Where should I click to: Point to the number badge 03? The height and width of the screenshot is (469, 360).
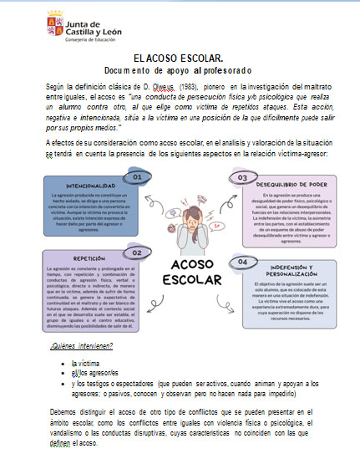pyautogui.click(x=242, y=178)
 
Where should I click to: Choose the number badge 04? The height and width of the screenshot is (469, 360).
pyautogui.click(x=243, y=260)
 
